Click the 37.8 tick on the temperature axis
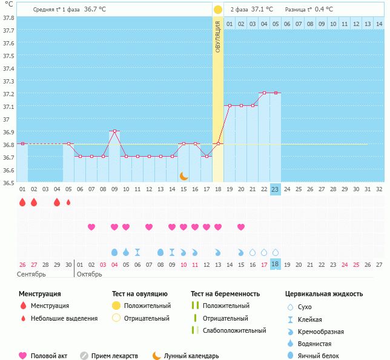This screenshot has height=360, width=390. pos(8,18)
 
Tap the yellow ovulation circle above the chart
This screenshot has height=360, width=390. pos(217,9)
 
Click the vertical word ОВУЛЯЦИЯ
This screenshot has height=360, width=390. pos(217,36)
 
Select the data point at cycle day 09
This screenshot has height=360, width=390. pos(114,131)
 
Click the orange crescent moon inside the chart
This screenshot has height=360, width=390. pos(184,175)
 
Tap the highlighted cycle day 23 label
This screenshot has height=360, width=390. pos(275,189)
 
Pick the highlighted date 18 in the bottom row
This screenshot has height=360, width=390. pos(275,264)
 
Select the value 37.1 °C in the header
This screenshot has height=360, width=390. pos(262,9)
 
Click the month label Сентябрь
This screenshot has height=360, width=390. pos(30,273)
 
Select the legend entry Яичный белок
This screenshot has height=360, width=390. pos(322,356)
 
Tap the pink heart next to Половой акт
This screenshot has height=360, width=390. pos(23,356)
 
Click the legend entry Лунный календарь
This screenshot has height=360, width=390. pos(191,356)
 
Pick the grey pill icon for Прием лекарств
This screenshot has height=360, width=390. pos(84,356)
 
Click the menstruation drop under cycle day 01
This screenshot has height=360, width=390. pos(22,202)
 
